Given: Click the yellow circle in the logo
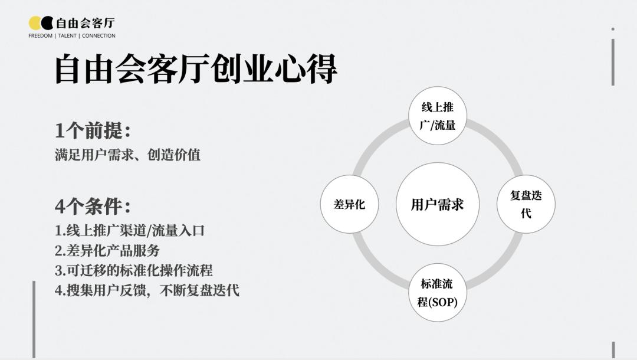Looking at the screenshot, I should coord(35,23).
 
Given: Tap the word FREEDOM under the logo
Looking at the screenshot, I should coord(40,36).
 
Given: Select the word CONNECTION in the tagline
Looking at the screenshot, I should coord(98,36).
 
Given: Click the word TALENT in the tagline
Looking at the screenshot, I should coord(67,36).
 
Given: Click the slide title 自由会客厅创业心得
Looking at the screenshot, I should coord(196,70).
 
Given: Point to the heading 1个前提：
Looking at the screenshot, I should coord(93,131).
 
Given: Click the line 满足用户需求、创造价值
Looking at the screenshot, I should coord(127,155).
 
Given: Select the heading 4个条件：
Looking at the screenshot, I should coord(93,207).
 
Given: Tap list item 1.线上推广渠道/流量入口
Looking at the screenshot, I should coord(130,231).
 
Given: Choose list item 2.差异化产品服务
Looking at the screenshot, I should coord(107,250).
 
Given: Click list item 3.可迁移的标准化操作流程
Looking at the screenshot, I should coord(134,270).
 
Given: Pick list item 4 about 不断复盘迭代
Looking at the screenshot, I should coord(147,290).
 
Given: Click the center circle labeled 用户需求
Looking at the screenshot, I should coord(438,204).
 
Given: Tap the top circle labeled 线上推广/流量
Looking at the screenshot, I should coord(438,116).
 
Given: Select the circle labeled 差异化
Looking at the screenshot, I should coord(349,204).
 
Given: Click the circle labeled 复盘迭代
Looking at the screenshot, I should coord(526,204).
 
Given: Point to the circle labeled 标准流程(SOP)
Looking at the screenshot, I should coord(438,293).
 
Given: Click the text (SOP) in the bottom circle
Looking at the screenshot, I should coord(443,302).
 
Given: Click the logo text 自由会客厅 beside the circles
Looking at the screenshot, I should coord(86,23).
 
